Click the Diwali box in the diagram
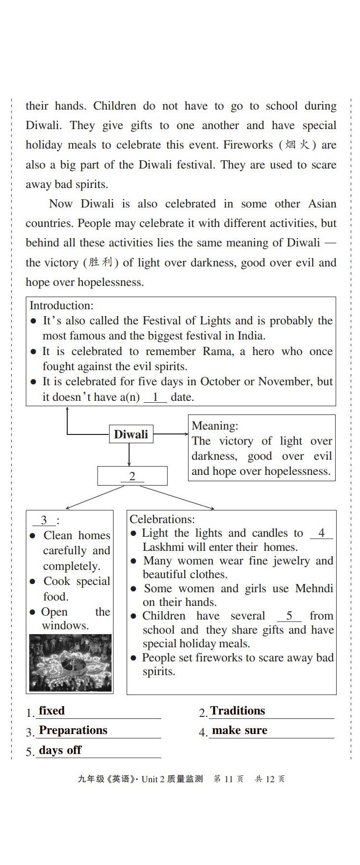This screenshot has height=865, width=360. pyautogui.click(x=131, y=434)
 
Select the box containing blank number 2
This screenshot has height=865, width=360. pyautogui.click(x=132, y=476)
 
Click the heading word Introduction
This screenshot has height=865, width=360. pyautogui.click(x=61, y=305)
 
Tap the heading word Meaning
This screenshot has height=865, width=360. pyautogui.click(x=214, y=426)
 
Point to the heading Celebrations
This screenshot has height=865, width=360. pyautogui.click(x=162, y=519)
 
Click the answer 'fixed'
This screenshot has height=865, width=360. pyautogui.click(x=52, y=711)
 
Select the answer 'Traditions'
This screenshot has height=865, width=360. pyautogui.click(x=238, y=711)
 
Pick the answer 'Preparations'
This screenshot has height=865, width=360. pyautogui.click(x=73, y=730)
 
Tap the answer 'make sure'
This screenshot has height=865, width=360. pyautogui.click(x=240, y=730)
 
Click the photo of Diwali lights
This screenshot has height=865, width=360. pyautogui.click(x=70, y=662)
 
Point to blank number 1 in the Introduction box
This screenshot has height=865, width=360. pyautogui.click(x=155, y=397)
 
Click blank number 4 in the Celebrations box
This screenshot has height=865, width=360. pyautogui.click(x=321, y=533)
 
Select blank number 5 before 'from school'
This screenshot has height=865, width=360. pyautogui.click(x=289, y=616)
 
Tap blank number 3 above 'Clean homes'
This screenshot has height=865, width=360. pyautogui.click(x=44, y=520)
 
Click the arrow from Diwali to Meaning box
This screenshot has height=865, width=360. pyautogui.click(x=171, y=434)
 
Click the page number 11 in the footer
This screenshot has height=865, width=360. pyautogui.click(x=228, y=779)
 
